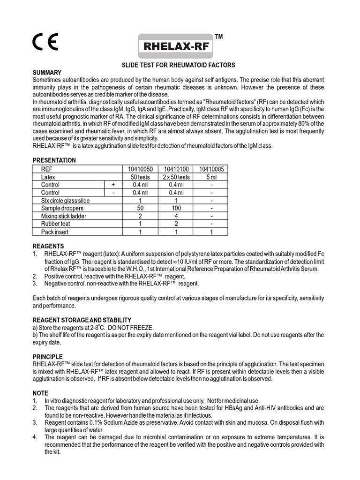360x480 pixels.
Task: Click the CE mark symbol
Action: click(45, 43)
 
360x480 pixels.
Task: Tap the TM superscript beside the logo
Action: click(218, 37)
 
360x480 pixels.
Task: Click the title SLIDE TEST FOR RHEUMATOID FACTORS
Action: click(179, 65)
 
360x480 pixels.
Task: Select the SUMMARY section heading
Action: click(47, 73)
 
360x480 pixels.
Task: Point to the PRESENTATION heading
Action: click(54, 160)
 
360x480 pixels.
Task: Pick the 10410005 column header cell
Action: click(211, 169)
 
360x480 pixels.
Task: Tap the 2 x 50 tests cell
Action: click(176, 177)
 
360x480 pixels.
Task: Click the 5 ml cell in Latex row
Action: click(211, 177)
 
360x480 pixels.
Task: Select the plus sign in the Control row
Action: click(113, 185)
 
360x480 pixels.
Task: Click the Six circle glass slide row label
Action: click(65, 201)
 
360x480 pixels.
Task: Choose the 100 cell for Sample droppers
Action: click(176, 208)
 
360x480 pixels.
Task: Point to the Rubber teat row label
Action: click(56, 224)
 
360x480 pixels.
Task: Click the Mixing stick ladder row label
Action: click(64, 216)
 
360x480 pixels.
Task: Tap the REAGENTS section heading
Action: click(48, 246)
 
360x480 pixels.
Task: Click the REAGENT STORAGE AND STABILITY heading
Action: click(82, 320)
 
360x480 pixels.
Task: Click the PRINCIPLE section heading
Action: click(47, 357)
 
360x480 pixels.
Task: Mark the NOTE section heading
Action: click(40, 393)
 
